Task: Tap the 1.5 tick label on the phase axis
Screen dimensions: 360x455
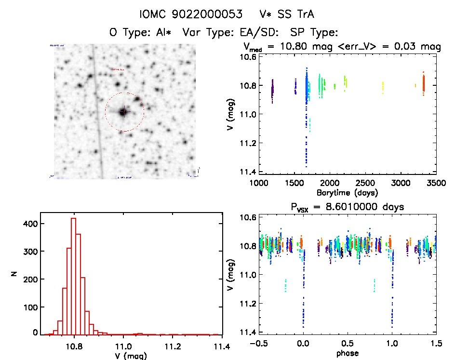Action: click(x=436, y=344)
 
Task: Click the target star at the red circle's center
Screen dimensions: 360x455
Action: click(x=123, y=112)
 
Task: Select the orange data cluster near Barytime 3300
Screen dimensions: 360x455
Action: click(x=423, y=83)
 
